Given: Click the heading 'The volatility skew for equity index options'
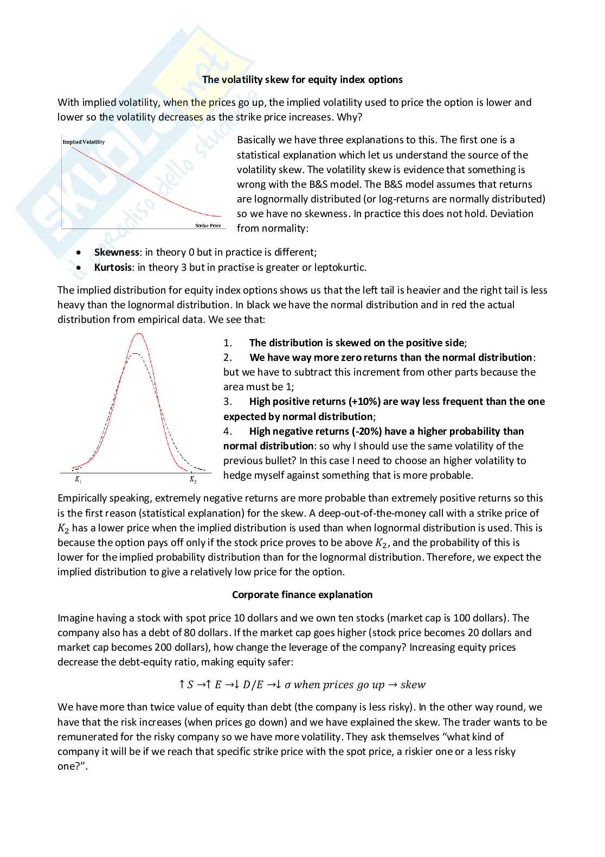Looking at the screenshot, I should coord(302,80).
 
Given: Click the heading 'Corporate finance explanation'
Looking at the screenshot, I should coord(302,595).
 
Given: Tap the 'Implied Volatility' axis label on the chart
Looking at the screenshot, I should coord(83,142).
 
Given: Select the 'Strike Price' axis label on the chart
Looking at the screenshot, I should coord(208,225).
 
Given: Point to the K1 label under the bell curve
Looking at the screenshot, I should coord(78,480).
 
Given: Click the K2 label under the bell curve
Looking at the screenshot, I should coord(192,480).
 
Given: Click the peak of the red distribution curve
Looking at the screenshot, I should coord(139,334).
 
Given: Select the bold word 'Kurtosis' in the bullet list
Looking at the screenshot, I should coord(113,268).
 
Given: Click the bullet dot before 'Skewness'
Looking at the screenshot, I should coord(80,253).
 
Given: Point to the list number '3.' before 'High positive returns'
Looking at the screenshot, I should coord(228,402).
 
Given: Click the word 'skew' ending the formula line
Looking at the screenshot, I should coord(413,685).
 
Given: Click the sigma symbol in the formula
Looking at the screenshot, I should coord(287,685).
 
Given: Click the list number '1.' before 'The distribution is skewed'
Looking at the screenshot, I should coord(228,343).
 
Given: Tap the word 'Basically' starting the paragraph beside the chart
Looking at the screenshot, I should coord(256,140).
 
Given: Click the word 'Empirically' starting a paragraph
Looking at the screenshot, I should coord(82,498).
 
